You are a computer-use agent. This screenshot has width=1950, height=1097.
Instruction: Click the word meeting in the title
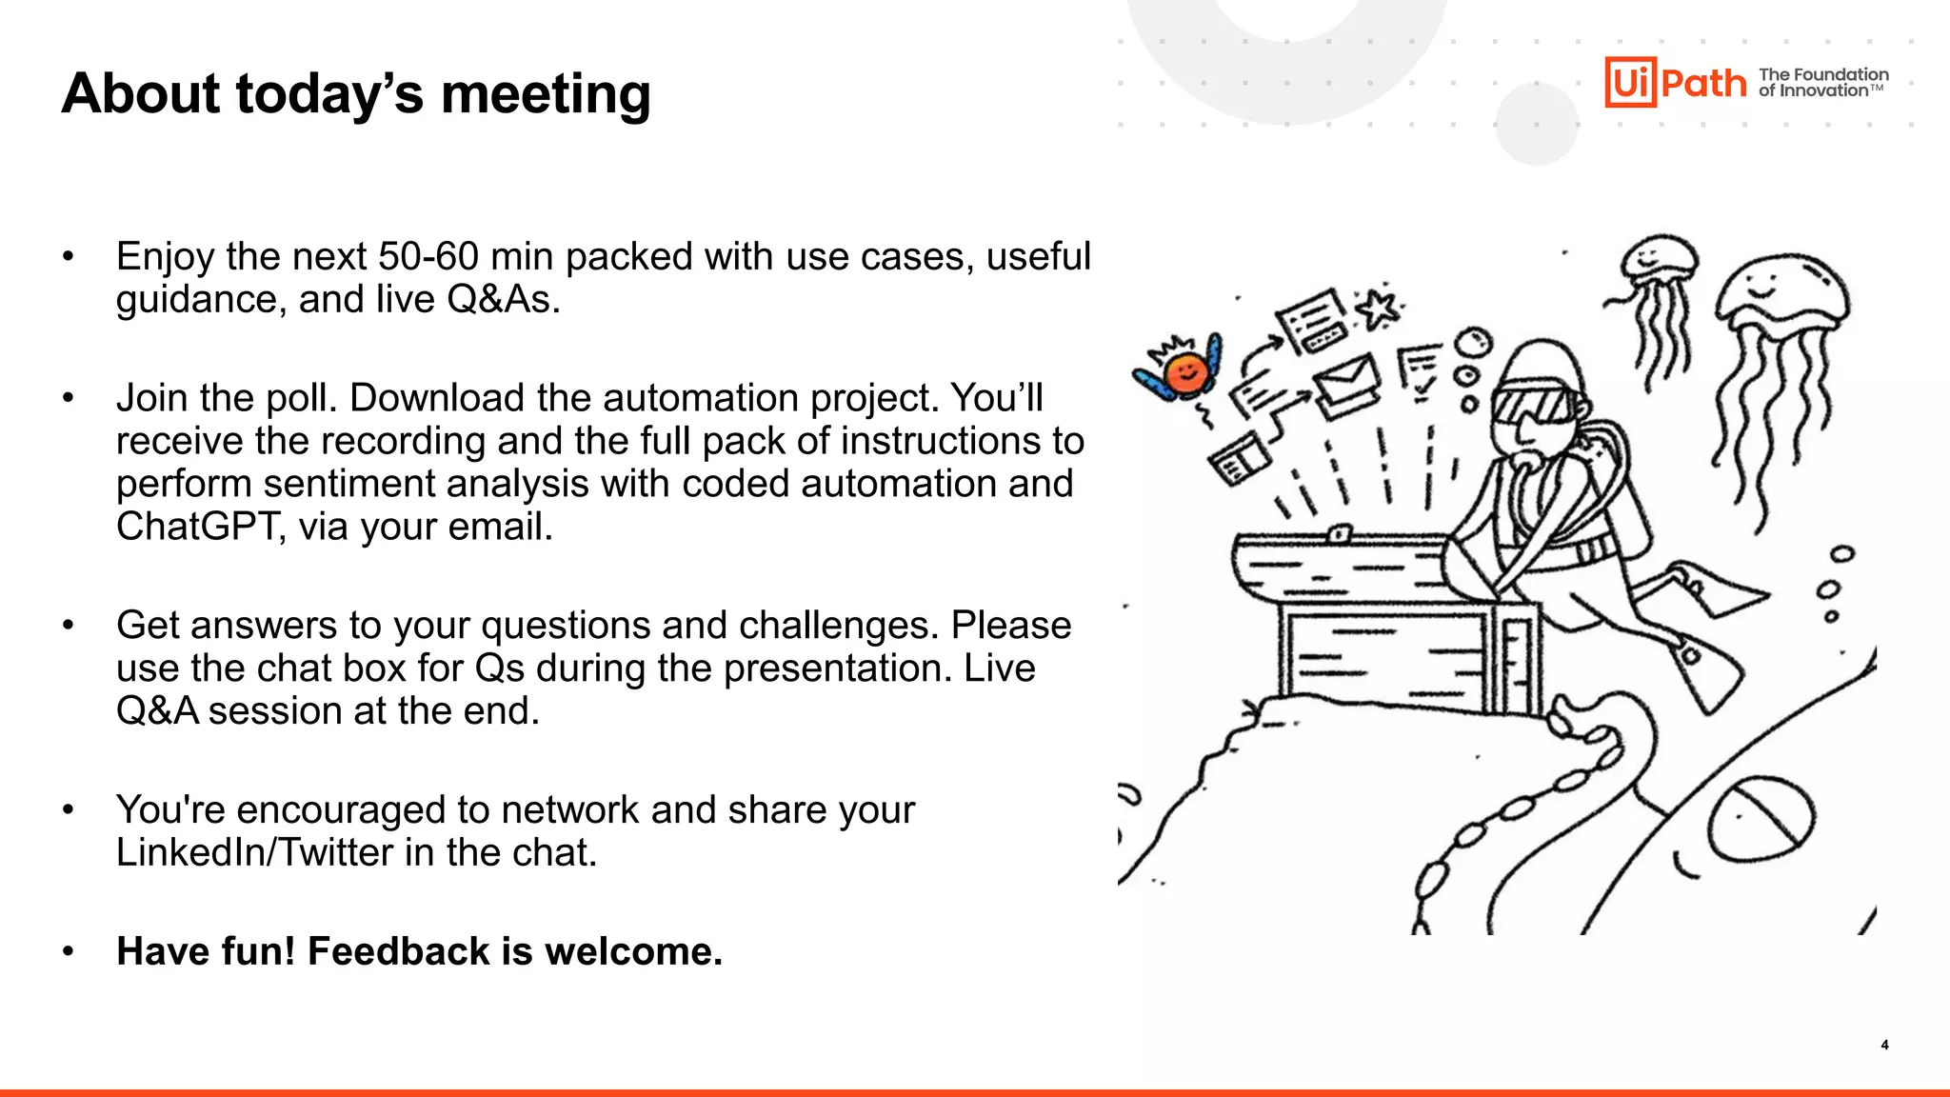tap(546, 94)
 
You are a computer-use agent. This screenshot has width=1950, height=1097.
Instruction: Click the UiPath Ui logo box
tap(1630, 83)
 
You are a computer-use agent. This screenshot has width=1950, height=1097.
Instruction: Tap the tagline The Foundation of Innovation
tap(1822, 83)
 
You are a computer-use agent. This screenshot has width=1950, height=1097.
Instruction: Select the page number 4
tap(1884, 1045)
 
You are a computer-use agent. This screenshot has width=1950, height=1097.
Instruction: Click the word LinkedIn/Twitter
tap(254, 852)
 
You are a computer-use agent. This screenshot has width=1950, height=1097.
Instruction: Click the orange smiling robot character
tap(1185, 371)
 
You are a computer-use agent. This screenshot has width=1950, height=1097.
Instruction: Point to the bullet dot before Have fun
tap(68, 951)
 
